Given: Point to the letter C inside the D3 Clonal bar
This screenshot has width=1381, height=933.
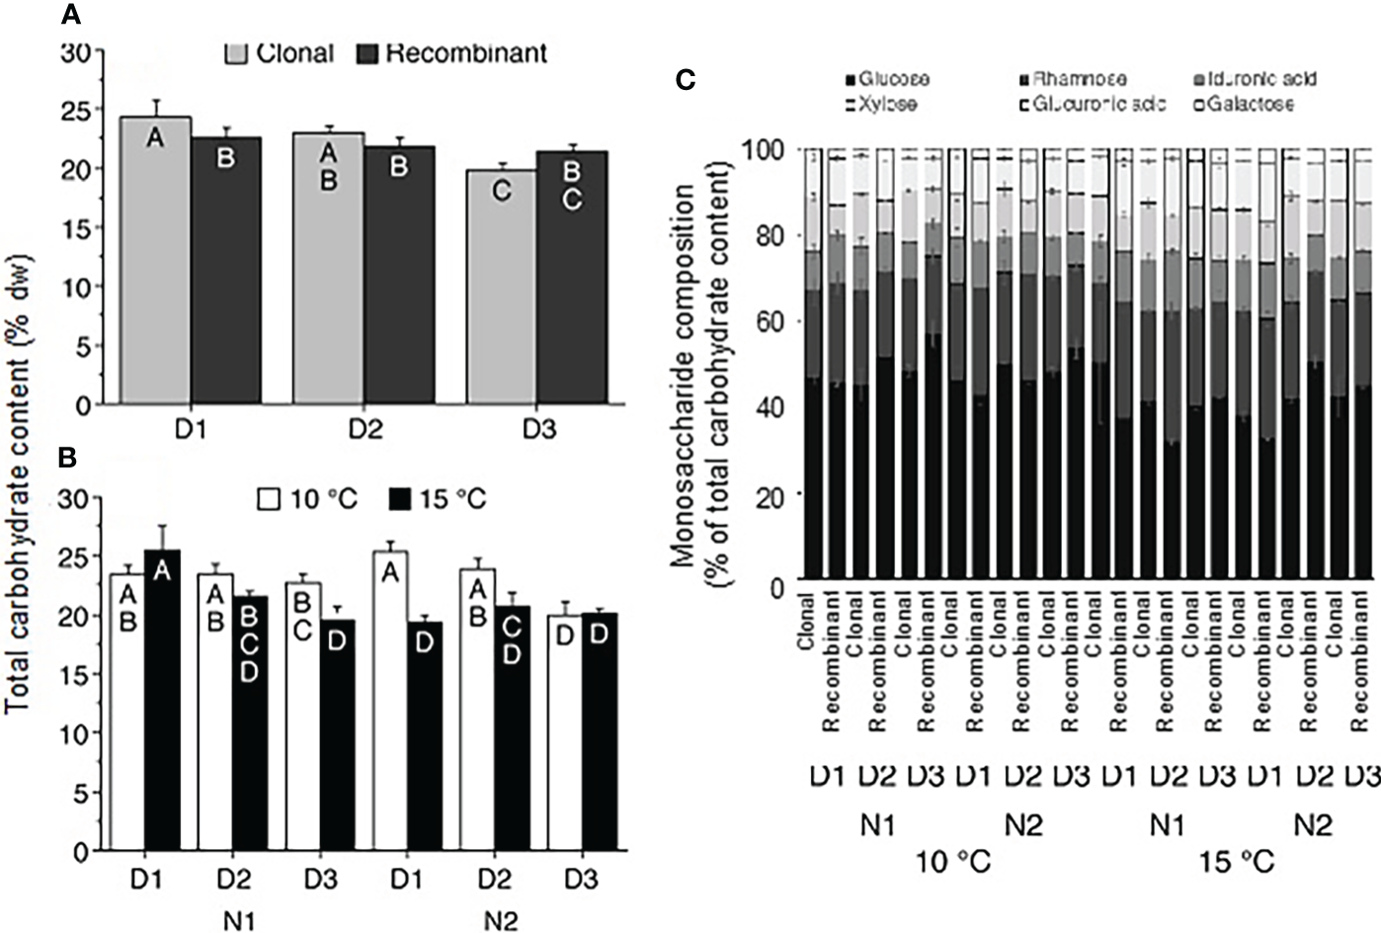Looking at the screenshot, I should point(502,192).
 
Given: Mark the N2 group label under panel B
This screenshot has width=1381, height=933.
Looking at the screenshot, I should point(503,920).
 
